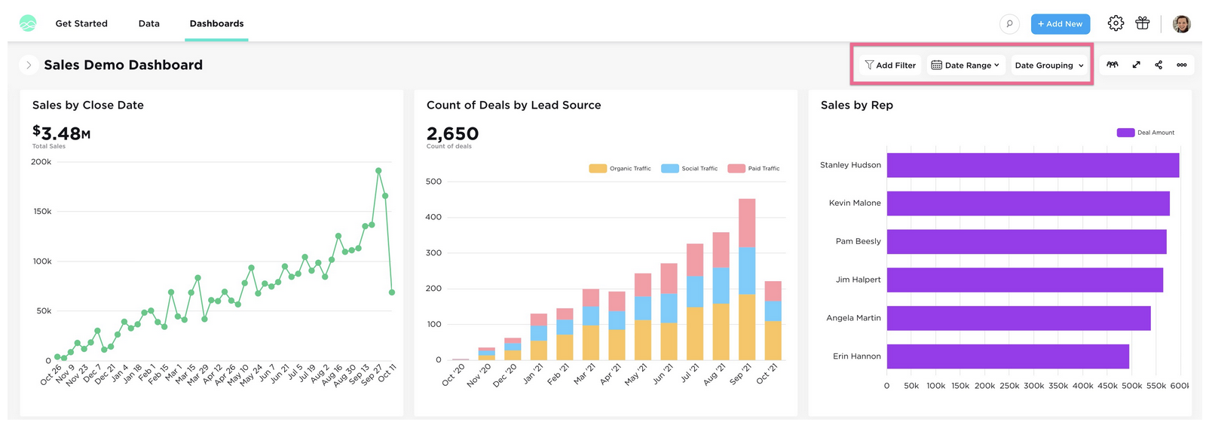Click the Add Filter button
[890, 66]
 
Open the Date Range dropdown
[966, 66]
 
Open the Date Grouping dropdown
[1049, 66]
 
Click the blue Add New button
[1060, 24]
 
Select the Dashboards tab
[216, 24]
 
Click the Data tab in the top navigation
[148, 24]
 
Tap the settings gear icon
[1116, 23]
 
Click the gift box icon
[1143, 23]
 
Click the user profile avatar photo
[1181, 24]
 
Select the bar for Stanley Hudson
[1033, 165]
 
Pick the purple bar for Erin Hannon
[1007, 356]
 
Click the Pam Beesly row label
[858, 241]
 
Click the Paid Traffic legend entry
[754, 169]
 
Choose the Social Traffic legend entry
[689, 169]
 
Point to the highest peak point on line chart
[378, 171]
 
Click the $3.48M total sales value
[62, 134]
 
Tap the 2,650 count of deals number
[452, 134]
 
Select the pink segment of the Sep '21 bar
[747, 222]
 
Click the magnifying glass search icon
[1009, 24]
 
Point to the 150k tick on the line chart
[42, 212]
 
